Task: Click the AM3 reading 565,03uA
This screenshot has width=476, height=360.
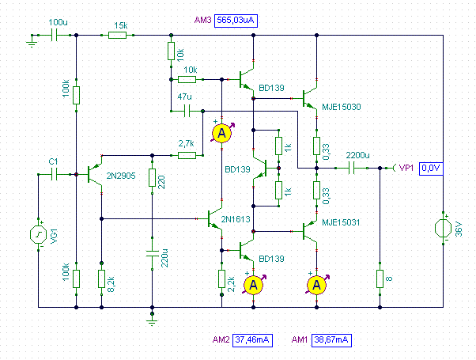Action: [236, 21]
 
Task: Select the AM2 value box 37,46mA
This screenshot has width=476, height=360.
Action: [252, 340]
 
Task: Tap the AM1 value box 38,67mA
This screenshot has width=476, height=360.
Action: [331, 340]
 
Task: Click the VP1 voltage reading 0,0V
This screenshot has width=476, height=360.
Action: [431, 169]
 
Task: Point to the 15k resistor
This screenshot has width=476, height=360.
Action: [118, 36]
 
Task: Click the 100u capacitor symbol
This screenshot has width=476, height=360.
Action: [55, 36]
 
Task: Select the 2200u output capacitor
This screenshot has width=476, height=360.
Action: [351, 168]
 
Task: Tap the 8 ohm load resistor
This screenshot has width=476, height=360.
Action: [380, 279]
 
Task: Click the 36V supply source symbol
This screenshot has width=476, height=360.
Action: [444, 229]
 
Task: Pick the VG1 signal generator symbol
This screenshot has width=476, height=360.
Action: [38, 234]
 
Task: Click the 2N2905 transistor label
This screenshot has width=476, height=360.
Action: [121, 176]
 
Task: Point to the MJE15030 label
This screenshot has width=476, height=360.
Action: [342, 107]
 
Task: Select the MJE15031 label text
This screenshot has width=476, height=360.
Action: [341, 222]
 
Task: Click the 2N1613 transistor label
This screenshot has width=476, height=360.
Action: [236, 219]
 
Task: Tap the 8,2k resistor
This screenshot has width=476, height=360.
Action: [102, 279]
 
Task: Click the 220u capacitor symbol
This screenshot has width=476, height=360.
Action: [153, 254]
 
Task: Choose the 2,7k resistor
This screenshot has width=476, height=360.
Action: [187, 156]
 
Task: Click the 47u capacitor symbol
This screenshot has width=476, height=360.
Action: [187, 112]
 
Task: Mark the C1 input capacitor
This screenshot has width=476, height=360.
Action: [55, 174]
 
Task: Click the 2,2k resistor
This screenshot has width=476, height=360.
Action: [221, 279]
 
